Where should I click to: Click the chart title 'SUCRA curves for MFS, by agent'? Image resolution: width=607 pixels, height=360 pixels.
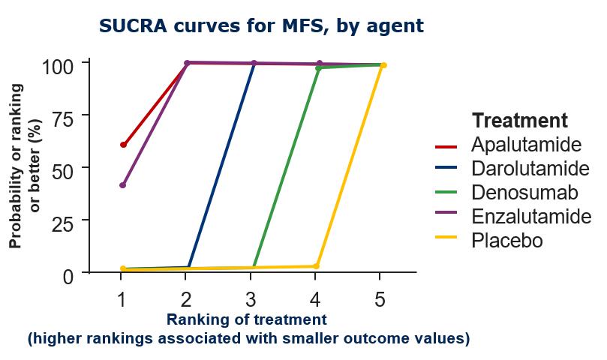[261, 26]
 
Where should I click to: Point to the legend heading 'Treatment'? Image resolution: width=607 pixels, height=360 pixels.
[519, 120]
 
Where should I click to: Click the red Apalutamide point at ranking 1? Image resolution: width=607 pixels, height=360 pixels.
[123, 145]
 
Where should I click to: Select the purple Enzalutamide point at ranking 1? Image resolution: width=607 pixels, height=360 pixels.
[123, 185]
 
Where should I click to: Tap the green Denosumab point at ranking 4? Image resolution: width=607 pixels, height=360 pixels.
[318, 68]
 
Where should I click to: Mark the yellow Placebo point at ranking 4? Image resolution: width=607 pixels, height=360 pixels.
[317, 266]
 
